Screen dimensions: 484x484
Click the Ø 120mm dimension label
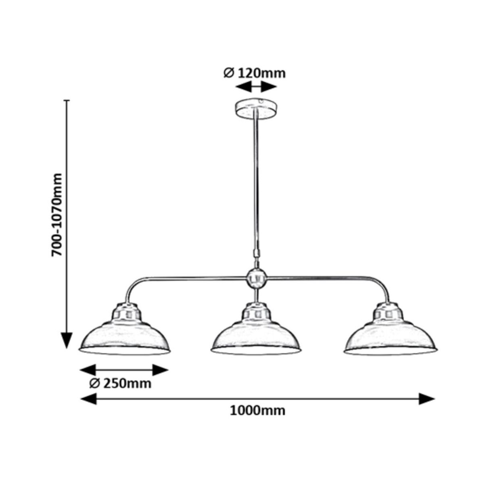(255, 73)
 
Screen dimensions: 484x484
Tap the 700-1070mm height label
(56, 215)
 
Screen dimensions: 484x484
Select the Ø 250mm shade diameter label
(121, 384)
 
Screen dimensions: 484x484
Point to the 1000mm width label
(258, 411)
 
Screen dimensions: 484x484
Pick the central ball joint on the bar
(257, 279)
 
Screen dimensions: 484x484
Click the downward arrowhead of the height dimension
(67, 340)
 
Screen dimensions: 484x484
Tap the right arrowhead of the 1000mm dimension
(426, 398)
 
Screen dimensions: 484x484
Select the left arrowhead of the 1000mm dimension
(88, 398)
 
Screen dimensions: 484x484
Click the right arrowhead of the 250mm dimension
(160, 370)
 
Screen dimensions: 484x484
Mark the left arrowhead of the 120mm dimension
(243, 87)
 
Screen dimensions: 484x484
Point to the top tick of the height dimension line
(67, 100)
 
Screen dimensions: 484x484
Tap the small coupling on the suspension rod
(256, 253)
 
